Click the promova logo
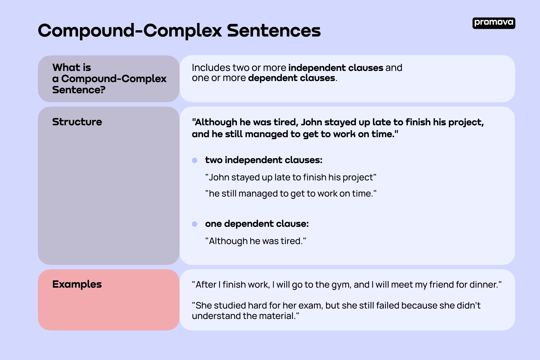click(x=494, y=23)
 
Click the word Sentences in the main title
click(x=274, y=31)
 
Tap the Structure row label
click(x=77, y=122)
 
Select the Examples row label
click(x=77, y=284)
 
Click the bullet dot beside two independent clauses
click(x=195, y=160)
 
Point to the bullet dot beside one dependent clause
click(x=195, y=224)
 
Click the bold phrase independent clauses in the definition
click(x=336, y=68)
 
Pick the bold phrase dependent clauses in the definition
click(x=292, y=78)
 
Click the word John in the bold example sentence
click(x=311, y=122)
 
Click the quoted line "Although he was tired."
click(x=256, y=241)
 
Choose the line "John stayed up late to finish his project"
click(x=291, y=177)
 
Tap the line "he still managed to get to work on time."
click(x=291, y=194)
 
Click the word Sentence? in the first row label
click(x=78, y=90)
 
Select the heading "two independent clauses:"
click(x=264, y=160)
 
